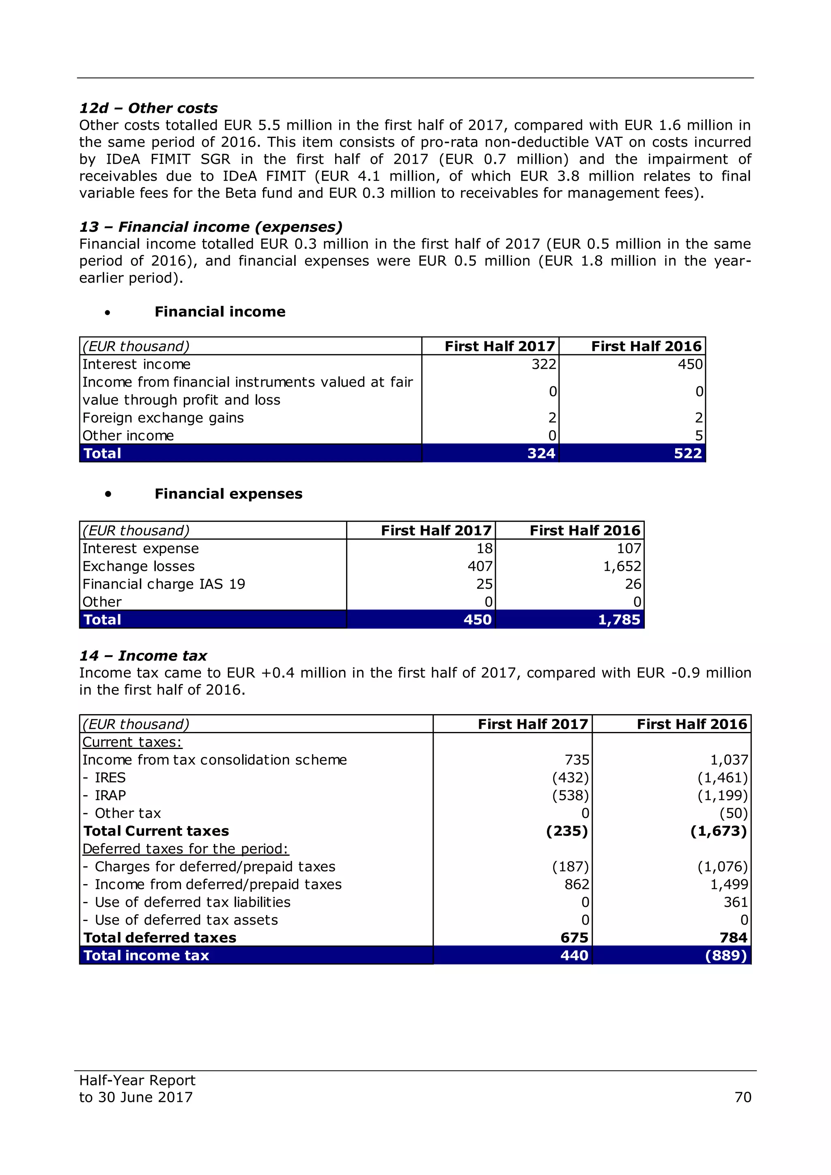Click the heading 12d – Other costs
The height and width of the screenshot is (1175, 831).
[x=149, y=108]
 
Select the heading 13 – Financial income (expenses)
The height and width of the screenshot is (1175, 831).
[x=211, y=227]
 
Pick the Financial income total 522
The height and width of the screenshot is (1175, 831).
[x=687, y=454]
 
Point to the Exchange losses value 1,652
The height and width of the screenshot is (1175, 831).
[x=622, y=566]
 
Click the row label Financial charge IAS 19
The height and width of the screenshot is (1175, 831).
[x=164, y=584]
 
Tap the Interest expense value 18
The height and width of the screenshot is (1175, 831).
[x=484, y=549]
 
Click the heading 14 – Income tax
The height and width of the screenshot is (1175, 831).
[x=143, y=656]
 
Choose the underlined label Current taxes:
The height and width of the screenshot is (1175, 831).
[x=132, y=742]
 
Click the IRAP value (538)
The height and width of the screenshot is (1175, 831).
[x=570, y=795]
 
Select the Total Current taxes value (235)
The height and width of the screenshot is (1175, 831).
[x=566, y=831]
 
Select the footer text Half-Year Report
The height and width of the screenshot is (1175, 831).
[x=137, y=1080]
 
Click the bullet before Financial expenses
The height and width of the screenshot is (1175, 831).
[x=108, y=494]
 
